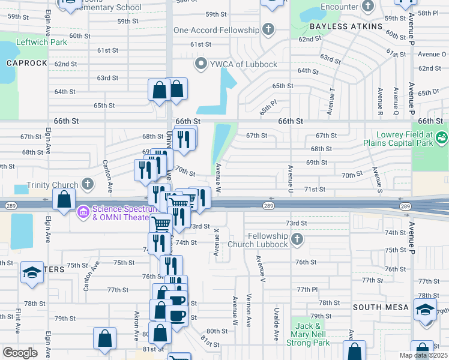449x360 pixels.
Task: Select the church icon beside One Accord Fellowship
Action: pos(268,30)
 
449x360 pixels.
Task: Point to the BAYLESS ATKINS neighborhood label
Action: pos(346,27)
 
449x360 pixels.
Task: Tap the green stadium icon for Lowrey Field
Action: pos(442,138)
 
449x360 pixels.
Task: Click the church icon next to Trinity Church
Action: pos(88,184)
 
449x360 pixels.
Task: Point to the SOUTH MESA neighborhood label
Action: pos(381,307)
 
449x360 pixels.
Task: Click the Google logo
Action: pos(20,353)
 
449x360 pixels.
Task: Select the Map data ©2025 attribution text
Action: pos(423,355)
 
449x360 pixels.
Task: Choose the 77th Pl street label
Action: pos(306,289)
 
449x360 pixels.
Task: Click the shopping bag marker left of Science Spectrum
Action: pos(64,199)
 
